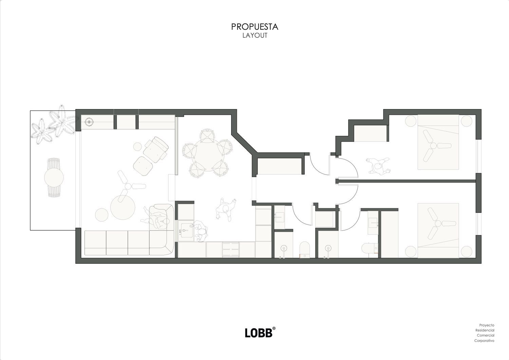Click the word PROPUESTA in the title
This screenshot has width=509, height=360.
tap(254, 27)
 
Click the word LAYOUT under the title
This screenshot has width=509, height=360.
tap(255, 35)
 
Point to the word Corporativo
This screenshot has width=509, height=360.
tap(484, 341)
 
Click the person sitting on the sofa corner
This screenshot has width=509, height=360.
tap(157, 219)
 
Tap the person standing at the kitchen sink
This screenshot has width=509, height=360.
tap(200, 231)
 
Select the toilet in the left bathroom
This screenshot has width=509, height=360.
tap(304, 250)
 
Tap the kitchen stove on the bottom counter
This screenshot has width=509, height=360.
tap(231, 250)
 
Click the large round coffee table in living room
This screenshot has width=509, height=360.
tap(123, 208)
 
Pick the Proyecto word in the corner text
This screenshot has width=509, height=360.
tap(487, 325)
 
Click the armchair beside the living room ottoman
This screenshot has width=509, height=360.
tap(156, 149)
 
